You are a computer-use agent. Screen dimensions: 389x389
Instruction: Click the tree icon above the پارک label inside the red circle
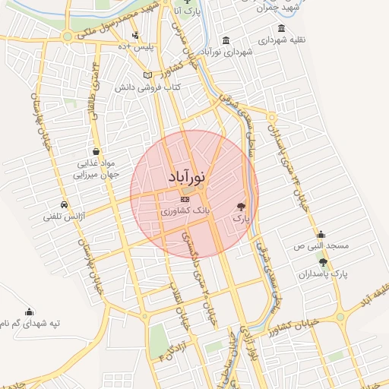click(x=242, y=206)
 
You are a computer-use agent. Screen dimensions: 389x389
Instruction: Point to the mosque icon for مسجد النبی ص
click(x=321, y=234)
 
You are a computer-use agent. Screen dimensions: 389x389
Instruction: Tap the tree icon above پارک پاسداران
click(x=324, y=262)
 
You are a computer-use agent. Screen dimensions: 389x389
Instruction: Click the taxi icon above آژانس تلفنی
click(x=64, y=205)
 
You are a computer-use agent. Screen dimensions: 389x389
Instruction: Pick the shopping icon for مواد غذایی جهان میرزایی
click(x=96, y=150)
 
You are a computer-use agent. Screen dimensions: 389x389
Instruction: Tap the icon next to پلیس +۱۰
click(x=135, y=34)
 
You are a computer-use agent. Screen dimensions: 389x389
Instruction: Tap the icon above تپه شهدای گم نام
click(x=30, y=312)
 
